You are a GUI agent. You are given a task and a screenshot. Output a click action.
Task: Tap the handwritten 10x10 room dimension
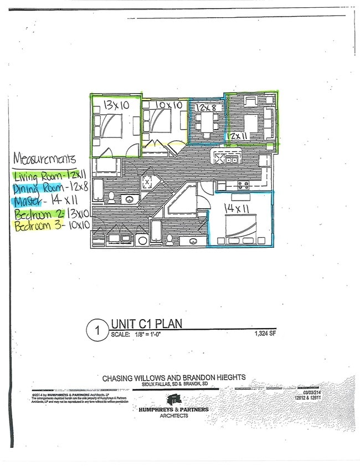(167, 104)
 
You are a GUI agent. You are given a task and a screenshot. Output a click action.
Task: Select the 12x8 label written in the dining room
(208, 106)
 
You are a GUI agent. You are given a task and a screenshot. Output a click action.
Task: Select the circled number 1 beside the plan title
(97, 331)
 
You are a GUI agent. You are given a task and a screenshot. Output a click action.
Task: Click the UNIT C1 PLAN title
(146, 324)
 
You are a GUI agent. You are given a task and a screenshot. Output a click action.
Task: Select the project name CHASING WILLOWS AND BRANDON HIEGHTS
(173, 378)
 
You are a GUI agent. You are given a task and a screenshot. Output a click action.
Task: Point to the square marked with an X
(147, 183)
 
